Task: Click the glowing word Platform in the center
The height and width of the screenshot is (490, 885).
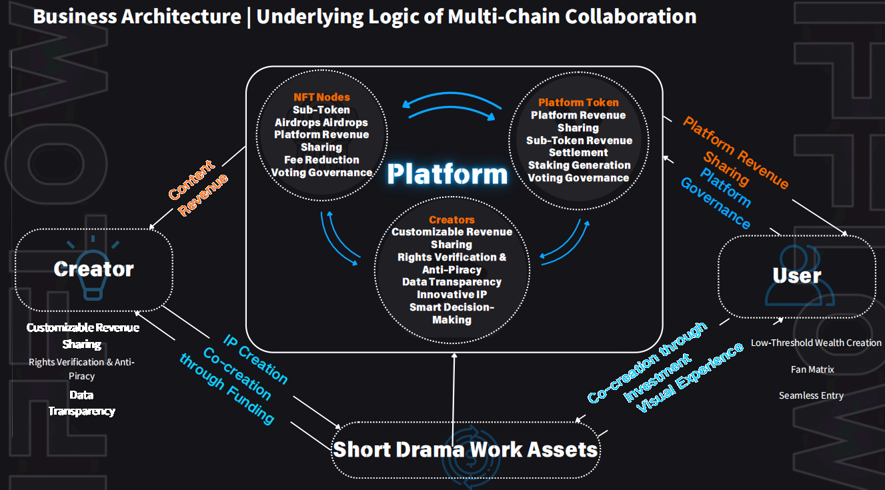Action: (447, 174)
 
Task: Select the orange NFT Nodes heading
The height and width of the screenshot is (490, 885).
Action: (321, 97)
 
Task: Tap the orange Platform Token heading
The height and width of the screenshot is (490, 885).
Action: (578, 103)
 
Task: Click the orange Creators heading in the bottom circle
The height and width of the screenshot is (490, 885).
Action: (452, 219)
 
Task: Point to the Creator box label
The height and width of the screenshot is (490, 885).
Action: (93, 269)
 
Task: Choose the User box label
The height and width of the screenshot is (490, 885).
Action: (796, 275)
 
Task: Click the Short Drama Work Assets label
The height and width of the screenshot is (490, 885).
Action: (465, 449)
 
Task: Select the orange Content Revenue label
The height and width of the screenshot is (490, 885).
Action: (198, 189)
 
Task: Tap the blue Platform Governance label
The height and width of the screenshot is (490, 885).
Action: (716, 198)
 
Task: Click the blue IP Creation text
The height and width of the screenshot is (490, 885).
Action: (255, 358)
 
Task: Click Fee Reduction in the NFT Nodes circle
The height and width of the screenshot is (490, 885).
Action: (321, 160)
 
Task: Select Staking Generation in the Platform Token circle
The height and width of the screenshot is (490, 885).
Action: (579, 165)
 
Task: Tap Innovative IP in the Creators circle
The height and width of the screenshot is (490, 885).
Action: (452, 294)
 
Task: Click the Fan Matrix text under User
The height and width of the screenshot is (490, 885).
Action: (812, 369)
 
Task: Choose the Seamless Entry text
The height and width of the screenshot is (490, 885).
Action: (811, 396)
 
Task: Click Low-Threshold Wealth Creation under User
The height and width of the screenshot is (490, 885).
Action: (816, 343)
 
